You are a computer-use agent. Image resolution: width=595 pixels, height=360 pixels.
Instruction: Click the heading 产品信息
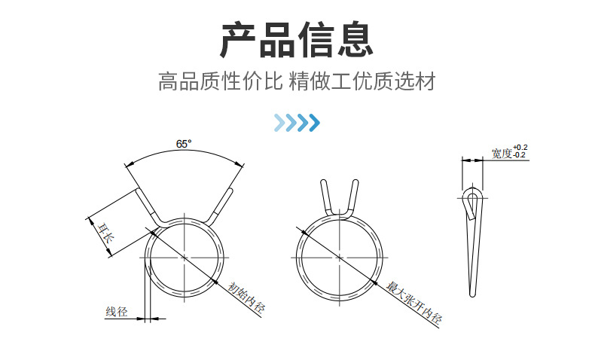coord(297,41)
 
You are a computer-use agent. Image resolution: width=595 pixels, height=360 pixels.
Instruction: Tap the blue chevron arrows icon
coord(297,122)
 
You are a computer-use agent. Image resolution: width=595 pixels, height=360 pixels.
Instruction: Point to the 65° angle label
coord(184,143)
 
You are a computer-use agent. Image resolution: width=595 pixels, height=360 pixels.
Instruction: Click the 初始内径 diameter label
coord(246,296)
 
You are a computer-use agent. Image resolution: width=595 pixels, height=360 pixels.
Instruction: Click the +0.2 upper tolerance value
coord(520,147)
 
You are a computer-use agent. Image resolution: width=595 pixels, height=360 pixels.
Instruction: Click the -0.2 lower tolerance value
coord(520,155)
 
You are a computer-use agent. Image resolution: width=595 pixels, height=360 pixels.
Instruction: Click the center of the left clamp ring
coord(185,258)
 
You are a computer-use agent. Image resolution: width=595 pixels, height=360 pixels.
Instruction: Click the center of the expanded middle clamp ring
coord(339,258)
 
